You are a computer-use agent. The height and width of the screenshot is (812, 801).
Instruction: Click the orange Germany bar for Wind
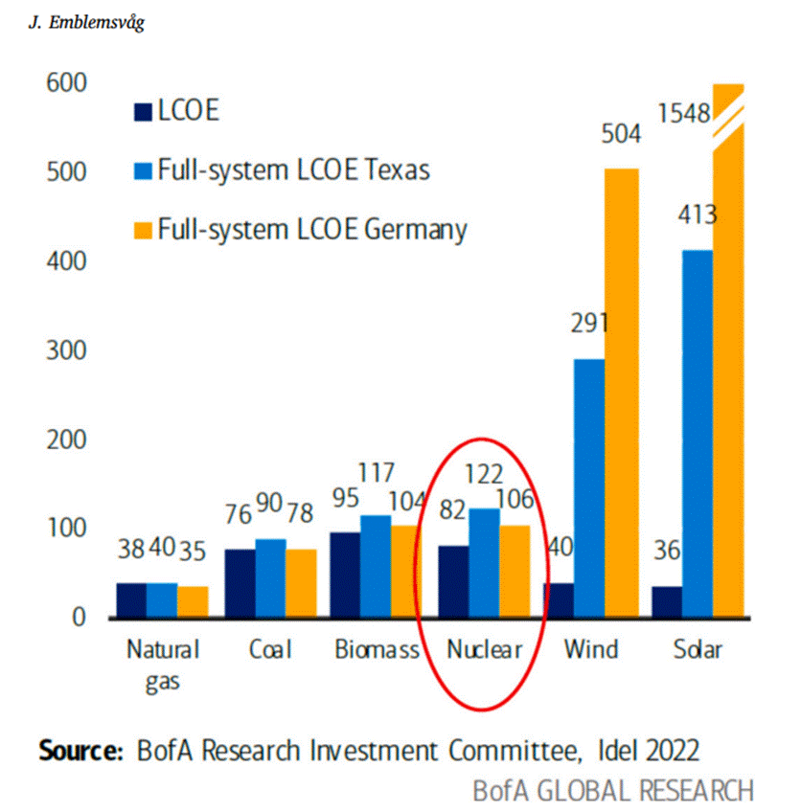coord(621,393)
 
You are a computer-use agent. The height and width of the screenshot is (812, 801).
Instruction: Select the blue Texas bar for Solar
coord(698,434)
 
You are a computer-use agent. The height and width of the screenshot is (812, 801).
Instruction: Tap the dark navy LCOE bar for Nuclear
coord(453,581)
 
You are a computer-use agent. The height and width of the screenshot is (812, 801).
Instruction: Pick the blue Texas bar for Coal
coord(270,578)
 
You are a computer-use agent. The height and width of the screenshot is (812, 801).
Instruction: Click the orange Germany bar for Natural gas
coord(193,601)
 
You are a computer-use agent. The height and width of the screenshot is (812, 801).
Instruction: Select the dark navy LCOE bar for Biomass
coord(345,575)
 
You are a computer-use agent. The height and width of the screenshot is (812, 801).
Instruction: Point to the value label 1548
coord(684,113)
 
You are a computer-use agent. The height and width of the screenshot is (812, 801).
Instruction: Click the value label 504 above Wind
coord(621,134)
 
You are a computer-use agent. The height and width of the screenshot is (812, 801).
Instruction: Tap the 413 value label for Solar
coord(698,214)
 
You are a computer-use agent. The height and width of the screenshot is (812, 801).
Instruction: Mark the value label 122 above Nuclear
coord(484,474)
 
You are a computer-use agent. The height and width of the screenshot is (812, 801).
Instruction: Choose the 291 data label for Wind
coord(589,323)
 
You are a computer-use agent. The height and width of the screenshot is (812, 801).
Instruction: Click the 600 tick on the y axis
coord(66,83)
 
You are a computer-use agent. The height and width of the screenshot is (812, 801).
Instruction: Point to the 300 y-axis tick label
coord(66,350)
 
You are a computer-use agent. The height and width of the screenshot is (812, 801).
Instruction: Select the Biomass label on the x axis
coord(377,649)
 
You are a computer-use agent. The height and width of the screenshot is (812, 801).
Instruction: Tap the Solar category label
coord(698,649)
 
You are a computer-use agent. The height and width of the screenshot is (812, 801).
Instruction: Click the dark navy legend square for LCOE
coord(143,112)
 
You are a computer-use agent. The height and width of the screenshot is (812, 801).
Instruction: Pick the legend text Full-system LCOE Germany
coord(312,230)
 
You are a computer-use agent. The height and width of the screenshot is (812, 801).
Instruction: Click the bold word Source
coord(80,751)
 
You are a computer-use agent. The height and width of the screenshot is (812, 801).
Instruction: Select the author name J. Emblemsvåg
coord(86,23)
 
